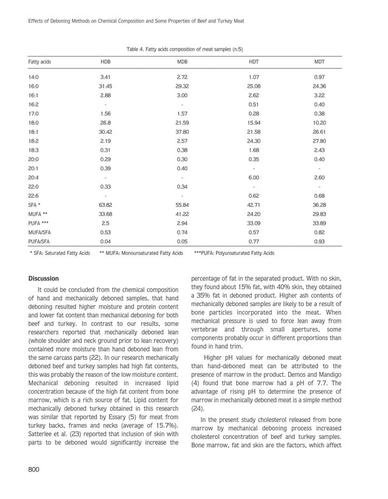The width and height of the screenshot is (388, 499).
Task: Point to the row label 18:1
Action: point(33,131)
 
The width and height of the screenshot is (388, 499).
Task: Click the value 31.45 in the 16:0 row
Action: point(106,86)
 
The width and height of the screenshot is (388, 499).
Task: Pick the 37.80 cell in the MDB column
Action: point(182,131)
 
